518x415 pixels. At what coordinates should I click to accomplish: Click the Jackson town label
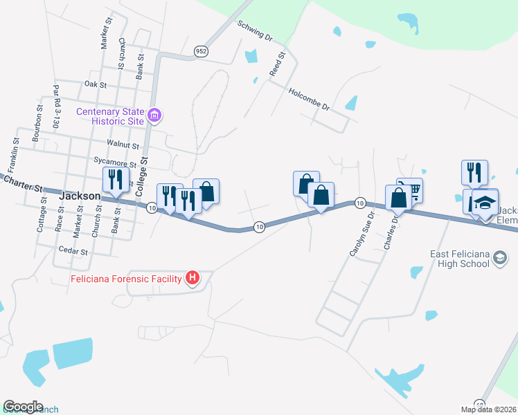[80, 196]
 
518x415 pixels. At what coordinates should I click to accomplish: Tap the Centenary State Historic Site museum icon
[155, 116]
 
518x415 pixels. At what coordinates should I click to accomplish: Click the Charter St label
[22, 183]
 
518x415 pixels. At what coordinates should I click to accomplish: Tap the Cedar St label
[73, 250]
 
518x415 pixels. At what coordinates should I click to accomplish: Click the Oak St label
[95, 84]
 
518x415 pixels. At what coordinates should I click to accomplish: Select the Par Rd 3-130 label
[54, 108]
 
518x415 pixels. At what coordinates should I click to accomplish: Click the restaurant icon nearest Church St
[114, 180]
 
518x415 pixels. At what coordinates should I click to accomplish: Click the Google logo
[24, 407]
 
